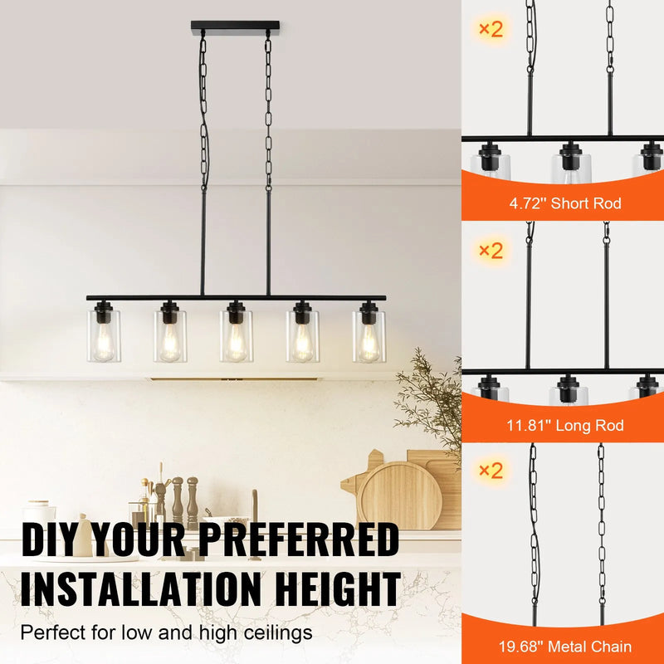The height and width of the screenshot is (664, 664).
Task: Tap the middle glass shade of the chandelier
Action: (x=237, y=336)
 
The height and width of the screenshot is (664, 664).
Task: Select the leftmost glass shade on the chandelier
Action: (x=104, y=336)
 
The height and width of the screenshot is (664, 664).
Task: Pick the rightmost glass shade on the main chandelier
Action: (x=369, y=336)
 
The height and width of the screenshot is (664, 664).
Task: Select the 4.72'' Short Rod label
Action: (x=564, y=203)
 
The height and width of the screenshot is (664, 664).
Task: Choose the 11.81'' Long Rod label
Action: (x=564, y=426)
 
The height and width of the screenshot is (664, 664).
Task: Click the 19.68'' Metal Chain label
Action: (x=564, y=647)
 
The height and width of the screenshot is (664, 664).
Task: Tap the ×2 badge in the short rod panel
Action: (x=491, y=29)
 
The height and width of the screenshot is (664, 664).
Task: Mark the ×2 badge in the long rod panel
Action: (x=491, y=250)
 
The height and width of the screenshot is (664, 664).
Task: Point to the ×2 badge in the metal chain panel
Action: (x=491, y=471)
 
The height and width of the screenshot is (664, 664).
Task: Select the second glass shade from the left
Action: (x=170, y=336)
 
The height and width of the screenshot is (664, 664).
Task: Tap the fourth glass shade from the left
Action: (x=303, y=336)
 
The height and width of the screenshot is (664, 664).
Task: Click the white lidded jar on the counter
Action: (x=38, y=514)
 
